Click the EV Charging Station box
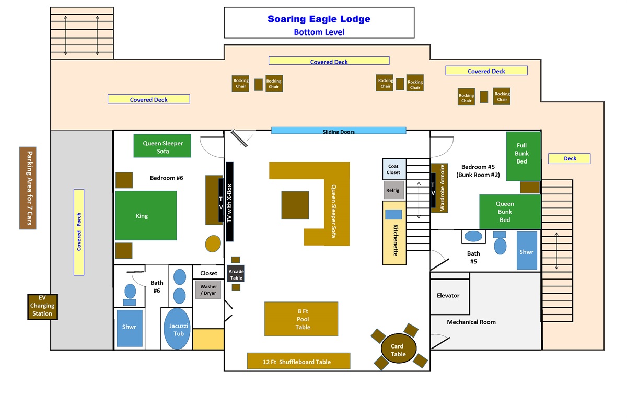[x=42, y=307]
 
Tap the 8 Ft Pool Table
[x=301, y=319]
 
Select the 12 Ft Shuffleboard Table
[x=298, y=361]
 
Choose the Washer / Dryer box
[x=208, y=289]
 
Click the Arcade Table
[x=236, y=274]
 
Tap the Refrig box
[x=393, y=190]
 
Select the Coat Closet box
[x=393, y=169]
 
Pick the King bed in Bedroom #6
[x=146, y=215]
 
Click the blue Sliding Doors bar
[x=339, y=131]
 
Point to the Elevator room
[x=448, y=296]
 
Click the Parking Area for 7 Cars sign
[x=28, y=188]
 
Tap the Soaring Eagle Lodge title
[x=319, y=19]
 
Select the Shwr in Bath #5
[x=527, y=251]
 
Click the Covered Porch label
[x=79, y=232]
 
